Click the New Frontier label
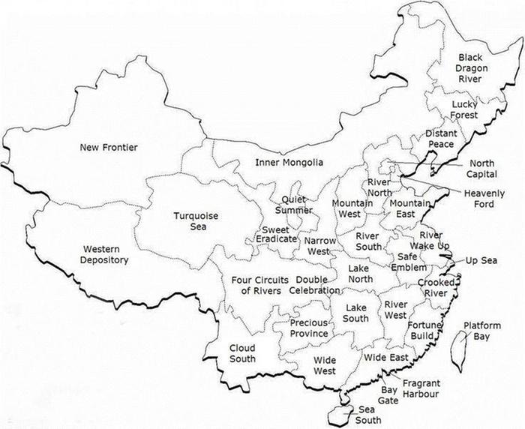(109, 147)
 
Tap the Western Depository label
(106, 254)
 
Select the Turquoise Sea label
(196, 221)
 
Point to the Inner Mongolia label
(289, 163)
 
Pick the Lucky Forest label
(464, 109)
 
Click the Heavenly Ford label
(484, 199)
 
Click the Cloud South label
(242, 353)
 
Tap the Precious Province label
(309, 328)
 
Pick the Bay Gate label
(388, 395)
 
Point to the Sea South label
(367, 414)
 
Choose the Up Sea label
(481, 260)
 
